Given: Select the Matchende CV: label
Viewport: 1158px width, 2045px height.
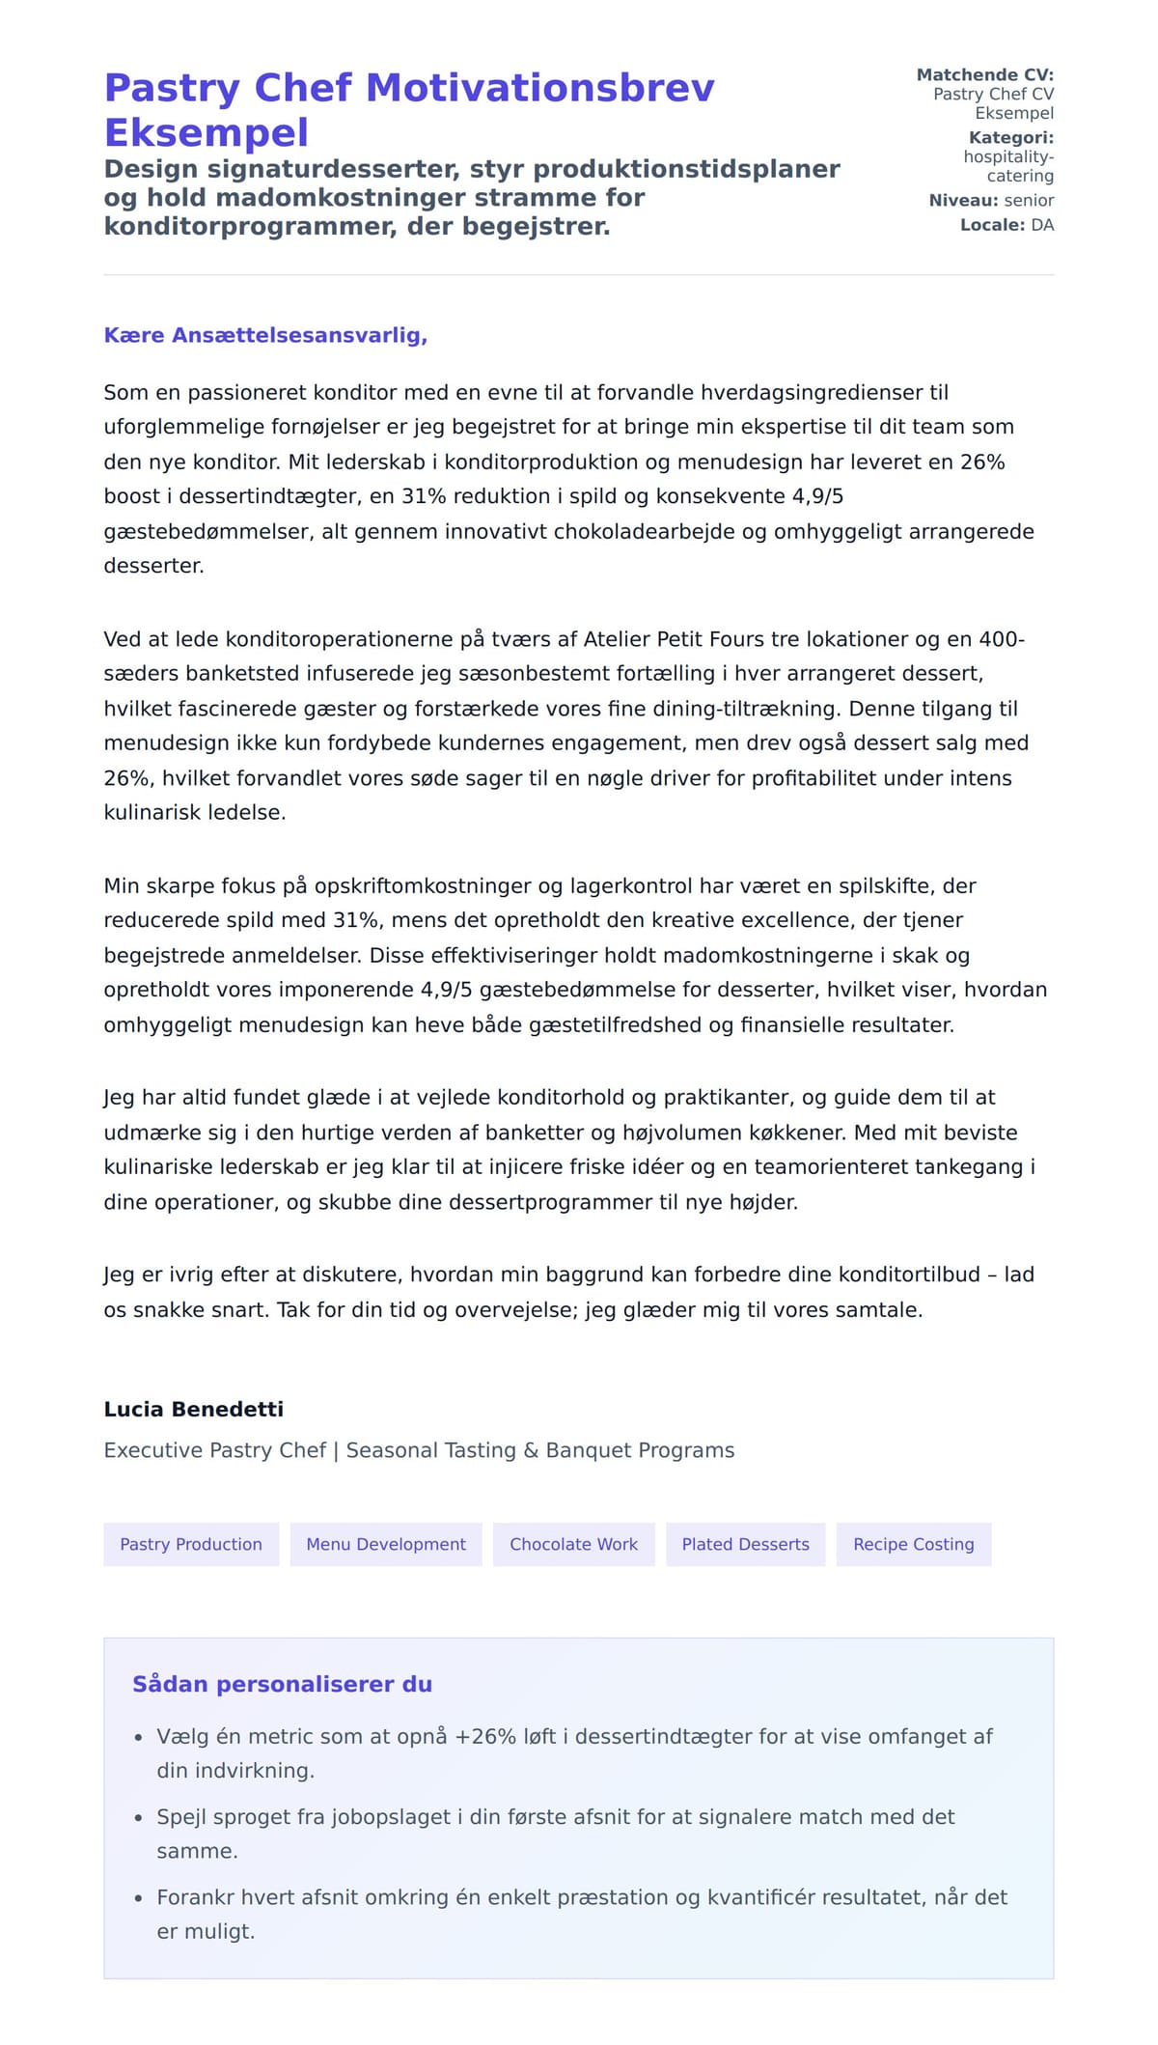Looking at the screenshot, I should pyautogui.click(x=984, y=74).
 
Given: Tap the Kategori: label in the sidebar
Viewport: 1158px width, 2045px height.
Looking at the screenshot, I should pyautogui.click(x=1010, y=137).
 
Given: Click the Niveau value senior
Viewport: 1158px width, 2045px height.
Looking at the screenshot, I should pyautogui.click(x=1029, y=200).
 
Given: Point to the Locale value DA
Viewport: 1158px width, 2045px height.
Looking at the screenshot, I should pyautogui.click(x=1042, y=225).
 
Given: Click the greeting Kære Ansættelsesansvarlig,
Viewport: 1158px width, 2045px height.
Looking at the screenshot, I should pyautogui.click(x=265, y=335).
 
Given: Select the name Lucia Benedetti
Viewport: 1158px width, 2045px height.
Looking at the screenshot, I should pyautogui.click(x=193, y=1409).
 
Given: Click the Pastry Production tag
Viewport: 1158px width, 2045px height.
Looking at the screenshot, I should pyautogui.click(x=191, y=1544).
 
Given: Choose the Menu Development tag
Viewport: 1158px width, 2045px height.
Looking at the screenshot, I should pyautogui.click(x=386, y=1544).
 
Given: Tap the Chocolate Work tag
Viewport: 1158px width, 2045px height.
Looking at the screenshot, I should pyautogui.click(x=573, y=1544).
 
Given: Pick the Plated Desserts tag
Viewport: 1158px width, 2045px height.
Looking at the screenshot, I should pyautogui.click(x=745, y=1544).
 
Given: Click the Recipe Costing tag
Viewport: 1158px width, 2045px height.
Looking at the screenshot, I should pyautogui.click(x=913, y=1544).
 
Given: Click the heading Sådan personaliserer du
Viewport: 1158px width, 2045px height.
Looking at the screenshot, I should pyautogui.click(x=282, y=1684).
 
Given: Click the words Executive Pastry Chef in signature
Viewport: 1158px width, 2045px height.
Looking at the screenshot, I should pyautogui.click(x=214, y=1450).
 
